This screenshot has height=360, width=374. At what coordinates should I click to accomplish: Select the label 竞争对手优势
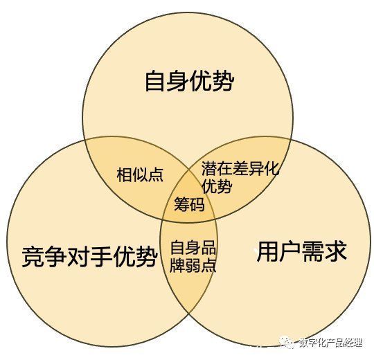89,257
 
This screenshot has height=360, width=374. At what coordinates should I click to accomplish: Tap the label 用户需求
301,251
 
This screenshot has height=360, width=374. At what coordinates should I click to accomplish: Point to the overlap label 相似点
140,174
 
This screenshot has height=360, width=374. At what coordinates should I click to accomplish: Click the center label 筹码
189,204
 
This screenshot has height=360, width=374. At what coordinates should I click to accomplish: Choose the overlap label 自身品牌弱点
193,257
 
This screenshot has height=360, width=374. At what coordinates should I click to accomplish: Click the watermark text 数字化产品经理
330,343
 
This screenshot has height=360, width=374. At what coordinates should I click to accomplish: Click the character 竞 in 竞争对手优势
33,257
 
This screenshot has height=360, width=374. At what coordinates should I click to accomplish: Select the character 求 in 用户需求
336,251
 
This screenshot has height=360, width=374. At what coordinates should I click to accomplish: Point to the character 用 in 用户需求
267,251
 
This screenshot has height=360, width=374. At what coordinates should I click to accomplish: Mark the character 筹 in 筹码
181,204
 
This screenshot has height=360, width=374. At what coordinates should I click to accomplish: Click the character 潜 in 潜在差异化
209,168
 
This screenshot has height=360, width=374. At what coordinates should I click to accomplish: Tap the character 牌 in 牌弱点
177,265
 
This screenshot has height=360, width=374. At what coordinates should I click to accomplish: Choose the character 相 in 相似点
124,174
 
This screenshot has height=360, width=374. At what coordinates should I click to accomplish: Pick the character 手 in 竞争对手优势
101,257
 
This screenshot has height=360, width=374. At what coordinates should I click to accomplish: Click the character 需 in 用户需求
313,251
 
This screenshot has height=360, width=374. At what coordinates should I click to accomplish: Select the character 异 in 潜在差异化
256,168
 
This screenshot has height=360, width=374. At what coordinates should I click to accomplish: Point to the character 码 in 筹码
197,204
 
